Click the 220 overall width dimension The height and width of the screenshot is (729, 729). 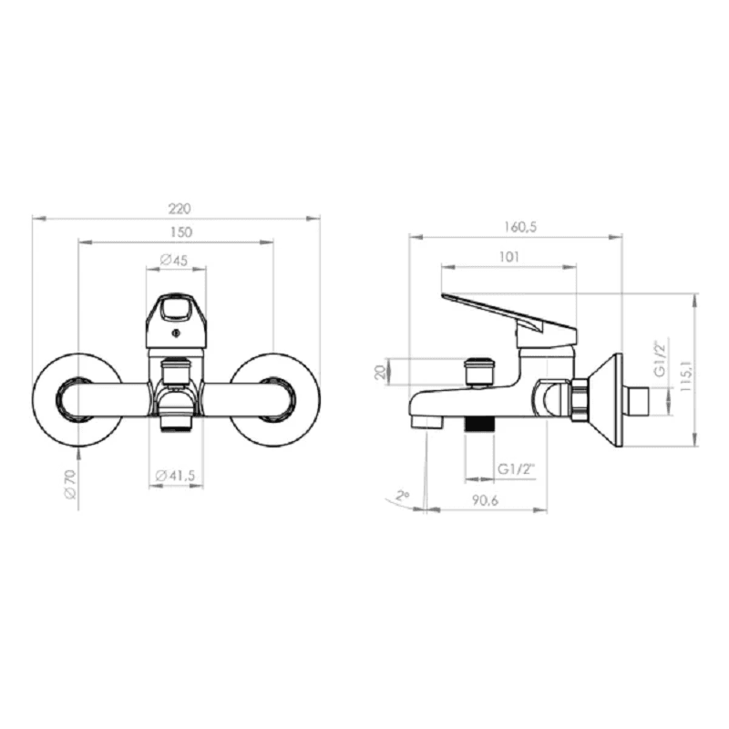click(180, 210)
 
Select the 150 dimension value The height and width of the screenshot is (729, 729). click(180, 232)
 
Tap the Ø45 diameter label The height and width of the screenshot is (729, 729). click(174, 260)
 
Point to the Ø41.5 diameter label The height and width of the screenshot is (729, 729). click(175, 476)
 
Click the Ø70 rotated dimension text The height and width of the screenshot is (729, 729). click(70, 484)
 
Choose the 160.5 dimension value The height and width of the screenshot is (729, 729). click(520, 227)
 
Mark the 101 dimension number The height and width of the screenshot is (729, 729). click(508, 257)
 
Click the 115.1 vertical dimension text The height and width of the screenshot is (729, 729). click(686, 375)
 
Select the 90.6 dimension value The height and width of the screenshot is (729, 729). click(485, 500)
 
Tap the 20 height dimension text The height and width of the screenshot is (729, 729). click(380, 372)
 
